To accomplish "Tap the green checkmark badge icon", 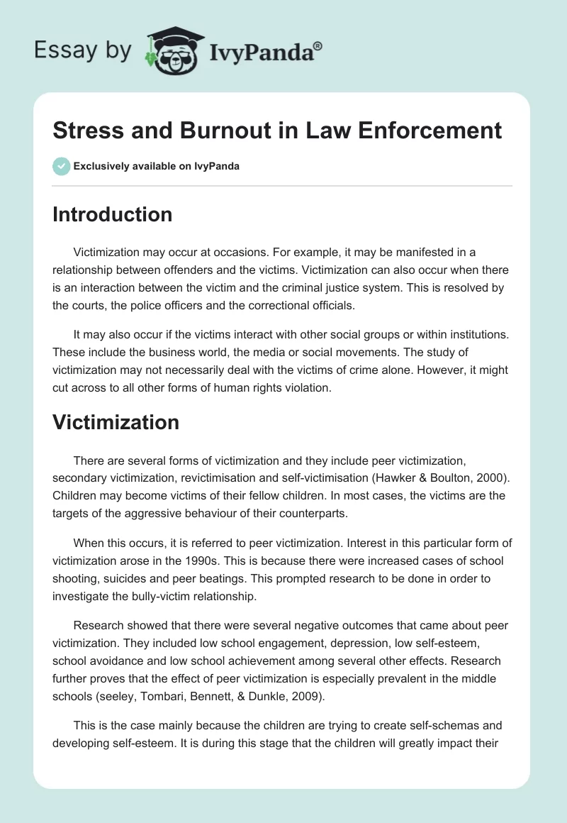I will (61, 166).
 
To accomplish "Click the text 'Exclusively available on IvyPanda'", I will (157, 167).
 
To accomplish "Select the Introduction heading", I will (112, 214).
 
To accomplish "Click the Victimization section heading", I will (116, 422).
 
